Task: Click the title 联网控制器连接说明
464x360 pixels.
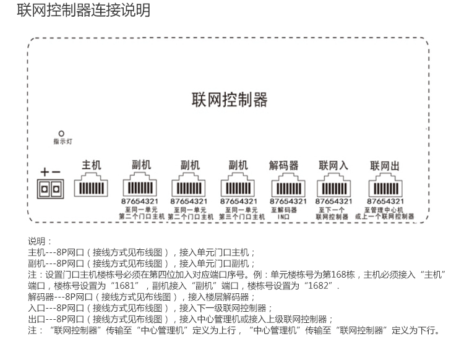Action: click(x=83, y=11)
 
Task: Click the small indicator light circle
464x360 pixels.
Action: click(x=61, y=133)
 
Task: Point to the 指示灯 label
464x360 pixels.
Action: click(x=62, y=142)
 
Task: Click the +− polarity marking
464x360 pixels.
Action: click(x=50, y=171)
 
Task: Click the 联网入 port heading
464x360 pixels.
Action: click(x=333, y=165)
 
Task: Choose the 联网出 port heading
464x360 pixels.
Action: click(x=385, y=165)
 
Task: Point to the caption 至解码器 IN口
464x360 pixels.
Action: click(x=284, y=213)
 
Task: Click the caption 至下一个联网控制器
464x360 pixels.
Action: click(x=333, y=213)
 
